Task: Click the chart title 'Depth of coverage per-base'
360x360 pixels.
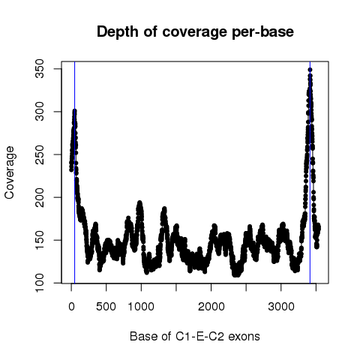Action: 195,32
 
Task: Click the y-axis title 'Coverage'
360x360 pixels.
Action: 9,172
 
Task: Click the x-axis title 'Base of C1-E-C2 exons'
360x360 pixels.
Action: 195,336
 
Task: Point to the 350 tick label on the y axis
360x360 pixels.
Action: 40,69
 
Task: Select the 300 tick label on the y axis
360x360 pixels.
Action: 40,112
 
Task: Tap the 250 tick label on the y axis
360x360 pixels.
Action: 40,154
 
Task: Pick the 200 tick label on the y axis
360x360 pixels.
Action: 40,197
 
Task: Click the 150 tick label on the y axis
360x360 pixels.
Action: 40,240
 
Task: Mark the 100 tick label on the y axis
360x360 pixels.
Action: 40,283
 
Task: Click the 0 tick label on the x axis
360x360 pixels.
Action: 71,307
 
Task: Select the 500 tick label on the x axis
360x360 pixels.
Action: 106,307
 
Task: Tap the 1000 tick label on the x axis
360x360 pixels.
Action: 141,307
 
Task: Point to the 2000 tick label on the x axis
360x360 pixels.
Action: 211,307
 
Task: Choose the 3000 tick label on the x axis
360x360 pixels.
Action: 281,307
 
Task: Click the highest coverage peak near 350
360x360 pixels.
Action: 310,70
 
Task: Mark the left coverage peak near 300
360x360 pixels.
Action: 74,111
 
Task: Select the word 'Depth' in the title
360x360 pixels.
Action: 118,32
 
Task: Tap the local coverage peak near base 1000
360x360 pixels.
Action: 139,203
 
